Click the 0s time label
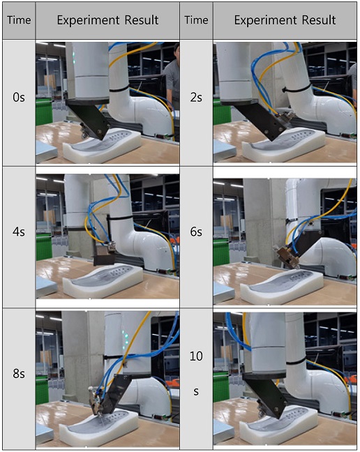coord(19,98)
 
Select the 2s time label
coord(196,98)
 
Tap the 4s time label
coord(19,232)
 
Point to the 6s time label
coord(196,232)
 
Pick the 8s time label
coord(19,374)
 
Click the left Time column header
coord(19,20)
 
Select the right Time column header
coord(196,20)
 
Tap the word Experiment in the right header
coord(265,20)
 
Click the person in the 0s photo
coord(173,78)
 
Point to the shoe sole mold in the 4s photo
coord(103,279)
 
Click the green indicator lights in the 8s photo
coord(126,338)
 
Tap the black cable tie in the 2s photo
coord(297,87)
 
